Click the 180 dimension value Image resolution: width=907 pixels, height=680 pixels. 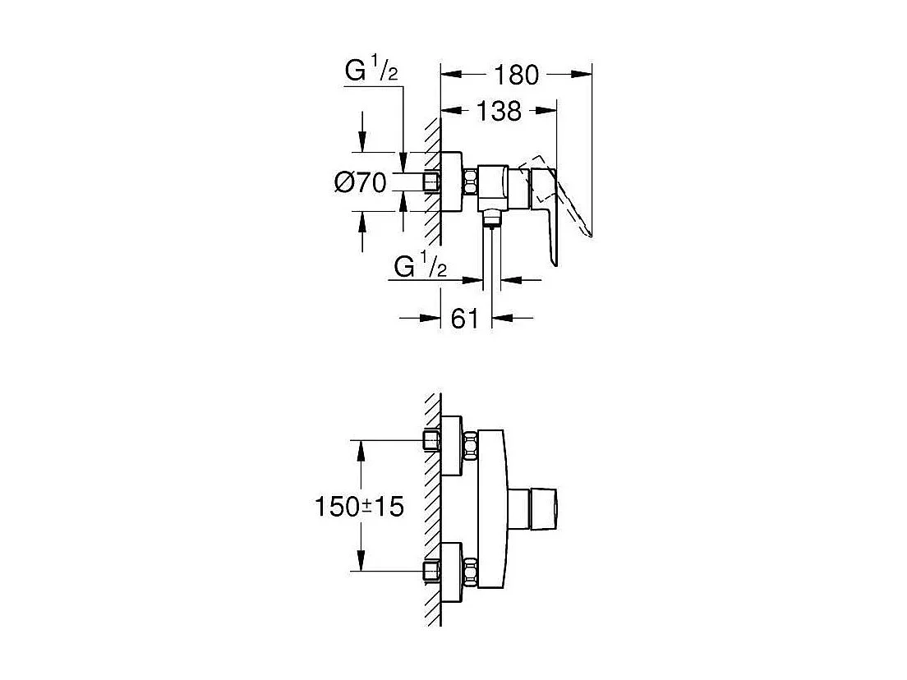click(516, 75)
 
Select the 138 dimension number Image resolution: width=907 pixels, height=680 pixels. click(498, 110)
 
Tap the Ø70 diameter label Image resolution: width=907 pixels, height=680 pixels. click(360, 182)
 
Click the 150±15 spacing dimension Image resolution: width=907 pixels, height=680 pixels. click(359, 507)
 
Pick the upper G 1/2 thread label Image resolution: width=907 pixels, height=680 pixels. click(371, 72)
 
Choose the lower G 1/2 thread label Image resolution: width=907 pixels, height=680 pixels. click(420, 266)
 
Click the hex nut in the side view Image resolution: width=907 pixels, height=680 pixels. click(471, 182)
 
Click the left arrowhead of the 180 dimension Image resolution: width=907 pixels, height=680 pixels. click(448, 74)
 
